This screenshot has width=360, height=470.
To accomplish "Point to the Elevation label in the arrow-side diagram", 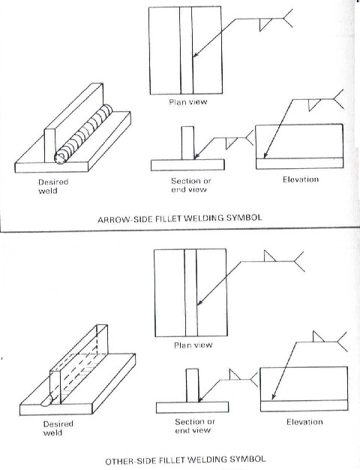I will coord(301,179).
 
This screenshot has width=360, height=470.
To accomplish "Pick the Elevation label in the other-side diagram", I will coord(304,422).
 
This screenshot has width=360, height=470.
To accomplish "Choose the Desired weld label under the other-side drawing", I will coord(58,428).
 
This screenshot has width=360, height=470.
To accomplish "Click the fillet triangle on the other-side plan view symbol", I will coord(270,258).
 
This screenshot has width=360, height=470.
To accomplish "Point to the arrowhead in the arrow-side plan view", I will coord(194,55).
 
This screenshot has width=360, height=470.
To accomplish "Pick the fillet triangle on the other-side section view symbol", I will coord(234,373).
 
